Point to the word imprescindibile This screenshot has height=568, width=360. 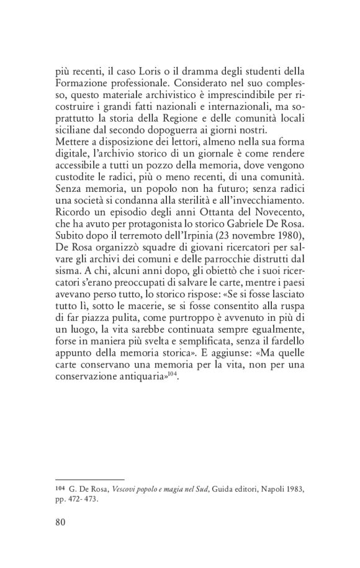229,94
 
